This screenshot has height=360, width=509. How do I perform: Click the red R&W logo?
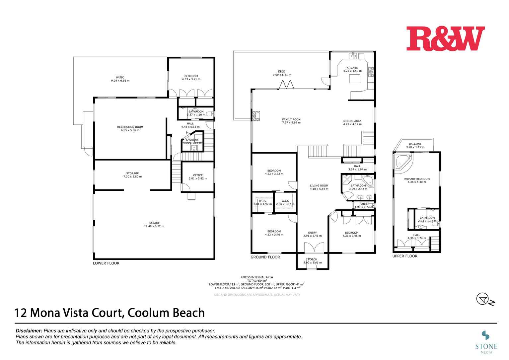[x=445, y=38]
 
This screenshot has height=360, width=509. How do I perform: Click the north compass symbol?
[x=483, y=299]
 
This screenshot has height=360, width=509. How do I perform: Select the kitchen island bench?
[x=355, y=79]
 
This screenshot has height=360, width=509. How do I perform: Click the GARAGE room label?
[x=154, y=223]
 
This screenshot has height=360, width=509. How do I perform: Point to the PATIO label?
[x=120, y=78]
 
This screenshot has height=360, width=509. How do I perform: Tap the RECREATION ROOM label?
[x=130, y=127]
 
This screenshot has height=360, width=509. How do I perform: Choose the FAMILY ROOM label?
[x=291, y=120]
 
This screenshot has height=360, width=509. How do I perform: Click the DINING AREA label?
[x=352, y=121]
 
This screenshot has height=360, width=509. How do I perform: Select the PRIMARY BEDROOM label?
[x=416, y=179]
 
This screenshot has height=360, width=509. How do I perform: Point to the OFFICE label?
[x=198, y=175]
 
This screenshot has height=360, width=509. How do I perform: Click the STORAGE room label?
[x=132, y=173]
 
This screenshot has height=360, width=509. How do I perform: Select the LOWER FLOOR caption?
[x=106, y=263]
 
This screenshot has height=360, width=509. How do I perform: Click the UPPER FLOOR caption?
[x=405, y=256]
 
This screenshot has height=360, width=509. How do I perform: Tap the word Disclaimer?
[x=29, y=331]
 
